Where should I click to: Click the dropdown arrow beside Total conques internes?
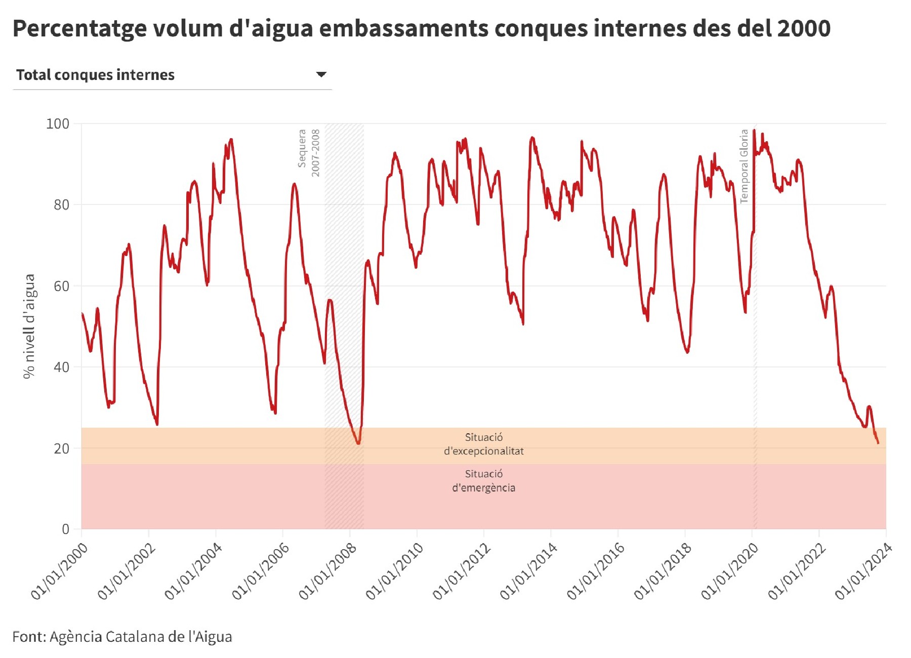(x=321, y=74)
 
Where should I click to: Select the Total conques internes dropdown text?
(x=95, y=75)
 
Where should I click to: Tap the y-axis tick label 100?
(x=58, y=124)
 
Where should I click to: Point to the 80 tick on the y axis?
(x=61, y=204)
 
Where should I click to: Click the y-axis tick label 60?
(x=61, y=286)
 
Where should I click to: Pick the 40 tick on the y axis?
(x=61, y=367)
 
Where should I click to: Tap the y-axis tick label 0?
(x=65, y=529)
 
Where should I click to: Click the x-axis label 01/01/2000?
(x=59, y=571)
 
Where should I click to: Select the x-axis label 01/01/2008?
(x=327, y=571)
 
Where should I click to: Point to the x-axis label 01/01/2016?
(x=596, y=571)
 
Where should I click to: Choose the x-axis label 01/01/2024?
(x=863, y=571)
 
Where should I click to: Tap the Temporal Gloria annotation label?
(x=743, y=166)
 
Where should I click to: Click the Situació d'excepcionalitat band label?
(x=483, y=444)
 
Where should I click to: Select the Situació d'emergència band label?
(x=483, y=481)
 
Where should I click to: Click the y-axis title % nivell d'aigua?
(x=29, y=326)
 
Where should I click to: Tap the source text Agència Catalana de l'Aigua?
(x=141, y=636)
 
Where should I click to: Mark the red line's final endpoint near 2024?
(x=878, y=443)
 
